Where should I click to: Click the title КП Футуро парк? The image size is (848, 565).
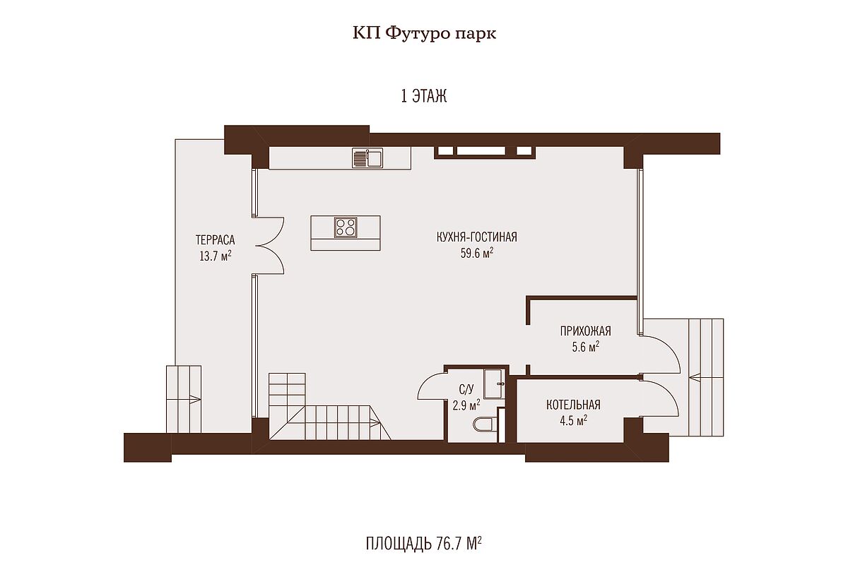click(424, 34)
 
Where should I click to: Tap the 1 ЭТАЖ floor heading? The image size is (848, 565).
click(423, 96)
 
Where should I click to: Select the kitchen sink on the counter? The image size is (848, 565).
click(367, 157)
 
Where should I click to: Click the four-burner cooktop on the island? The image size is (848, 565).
click(346, 227)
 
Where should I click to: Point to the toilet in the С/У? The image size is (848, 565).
click(483, 424)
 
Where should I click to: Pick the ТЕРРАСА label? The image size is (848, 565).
click(215, 240)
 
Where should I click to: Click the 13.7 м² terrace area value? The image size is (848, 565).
click(216, 256)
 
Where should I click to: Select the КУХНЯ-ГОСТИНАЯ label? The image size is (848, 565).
click(476, 237)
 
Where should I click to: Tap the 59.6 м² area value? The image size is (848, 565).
click(476, 253)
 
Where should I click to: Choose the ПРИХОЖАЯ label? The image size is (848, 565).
click(585, 331)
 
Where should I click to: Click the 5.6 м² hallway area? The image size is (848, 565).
click(585, 347)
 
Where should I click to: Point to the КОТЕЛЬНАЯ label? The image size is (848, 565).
click(573, 405)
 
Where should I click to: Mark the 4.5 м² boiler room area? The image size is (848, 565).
click(574, 420)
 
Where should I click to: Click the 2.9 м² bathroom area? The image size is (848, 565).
click(466, 405)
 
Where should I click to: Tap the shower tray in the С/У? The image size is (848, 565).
click(494, 383)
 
